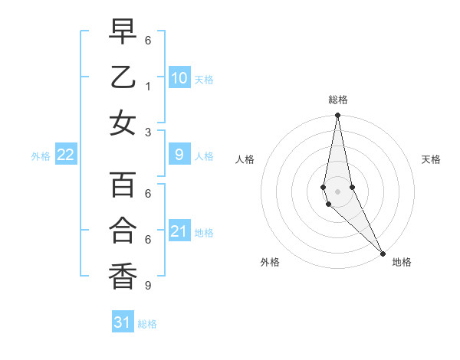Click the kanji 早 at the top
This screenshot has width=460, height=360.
point(123,32)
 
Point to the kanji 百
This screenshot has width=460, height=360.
point(123,185)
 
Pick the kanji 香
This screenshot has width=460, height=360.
point(123,276)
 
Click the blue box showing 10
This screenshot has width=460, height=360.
point(179,78)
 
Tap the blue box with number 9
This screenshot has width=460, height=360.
point(179,155)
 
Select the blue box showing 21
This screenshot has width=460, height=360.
point(179,231)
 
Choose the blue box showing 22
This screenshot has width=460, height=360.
point(65,155)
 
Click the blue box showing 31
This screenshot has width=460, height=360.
point(123,322)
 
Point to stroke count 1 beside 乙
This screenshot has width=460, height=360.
point(147,85)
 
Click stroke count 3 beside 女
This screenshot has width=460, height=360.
point(147,131)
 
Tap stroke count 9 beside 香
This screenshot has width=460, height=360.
point(147,285)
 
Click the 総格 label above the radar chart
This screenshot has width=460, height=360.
point(337,99)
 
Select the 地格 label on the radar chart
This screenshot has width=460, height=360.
point(402,262)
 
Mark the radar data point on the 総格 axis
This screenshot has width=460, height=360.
point(337,116)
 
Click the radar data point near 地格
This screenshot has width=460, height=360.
point(383,253)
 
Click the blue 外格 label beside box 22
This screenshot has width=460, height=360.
point(41,156)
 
